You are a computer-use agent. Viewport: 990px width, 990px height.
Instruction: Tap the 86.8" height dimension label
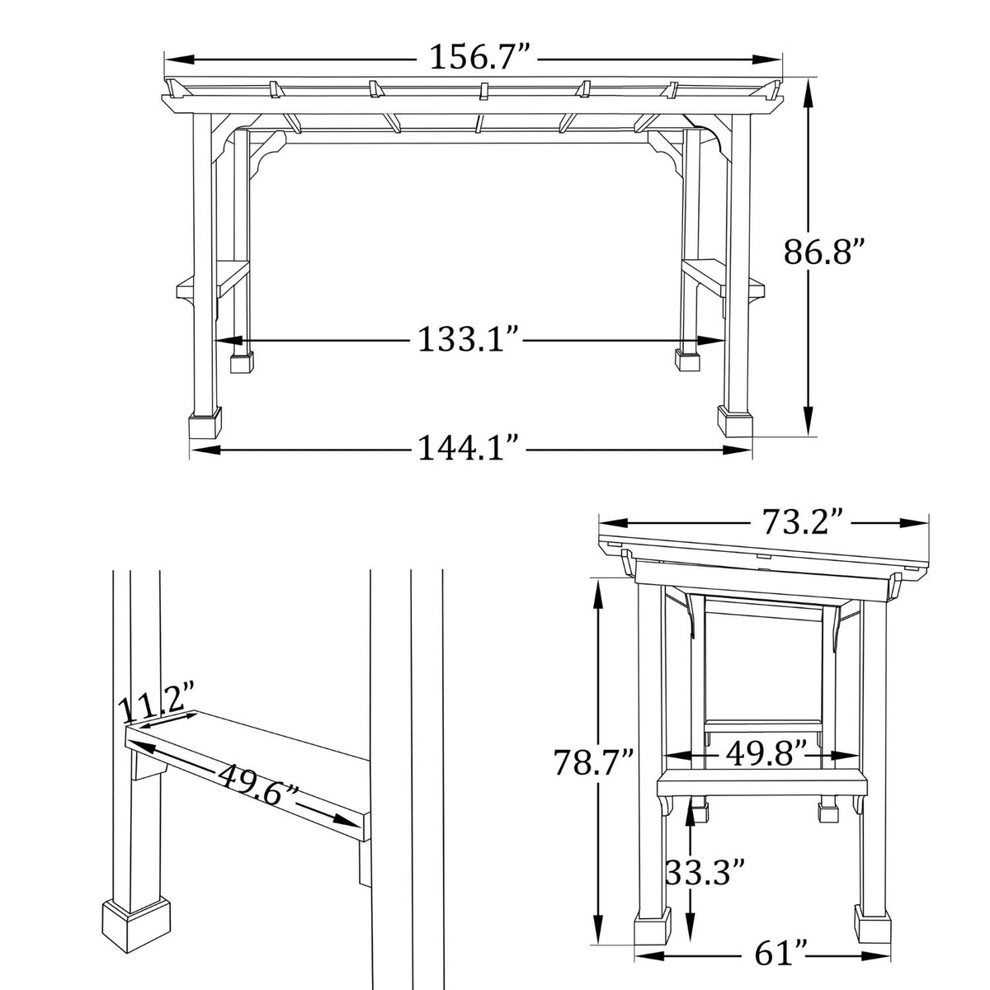(824, 252)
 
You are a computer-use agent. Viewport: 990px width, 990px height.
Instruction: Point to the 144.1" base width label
(468, 450)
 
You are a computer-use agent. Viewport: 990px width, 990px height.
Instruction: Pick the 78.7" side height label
(594, 761)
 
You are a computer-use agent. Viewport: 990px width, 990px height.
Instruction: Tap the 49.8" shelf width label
(766, 752)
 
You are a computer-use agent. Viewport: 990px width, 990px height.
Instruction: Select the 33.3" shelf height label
(706, 870)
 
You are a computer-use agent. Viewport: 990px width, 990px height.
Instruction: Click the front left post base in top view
(206, 424)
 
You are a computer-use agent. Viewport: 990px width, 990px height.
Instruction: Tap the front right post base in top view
(736, 422)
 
